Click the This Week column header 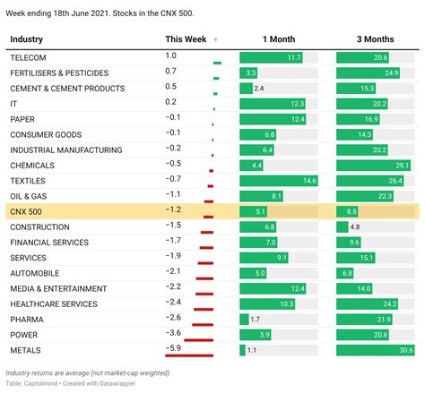[x=186, y=39]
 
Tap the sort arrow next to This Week [x=215, y=40]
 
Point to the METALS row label [x=27, y=349]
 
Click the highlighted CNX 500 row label [x=28, y=211]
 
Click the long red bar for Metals [x=189, y=355]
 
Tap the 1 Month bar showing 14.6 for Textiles [x=278, y=180]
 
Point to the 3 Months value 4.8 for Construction [x=355, y=226]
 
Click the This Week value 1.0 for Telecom [x=171, y=56]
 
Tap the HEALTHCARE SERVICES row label [x=55, y=303]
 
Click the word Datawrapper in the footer [x=122, y=383]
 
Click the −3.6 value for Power [x=173, y=333]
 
